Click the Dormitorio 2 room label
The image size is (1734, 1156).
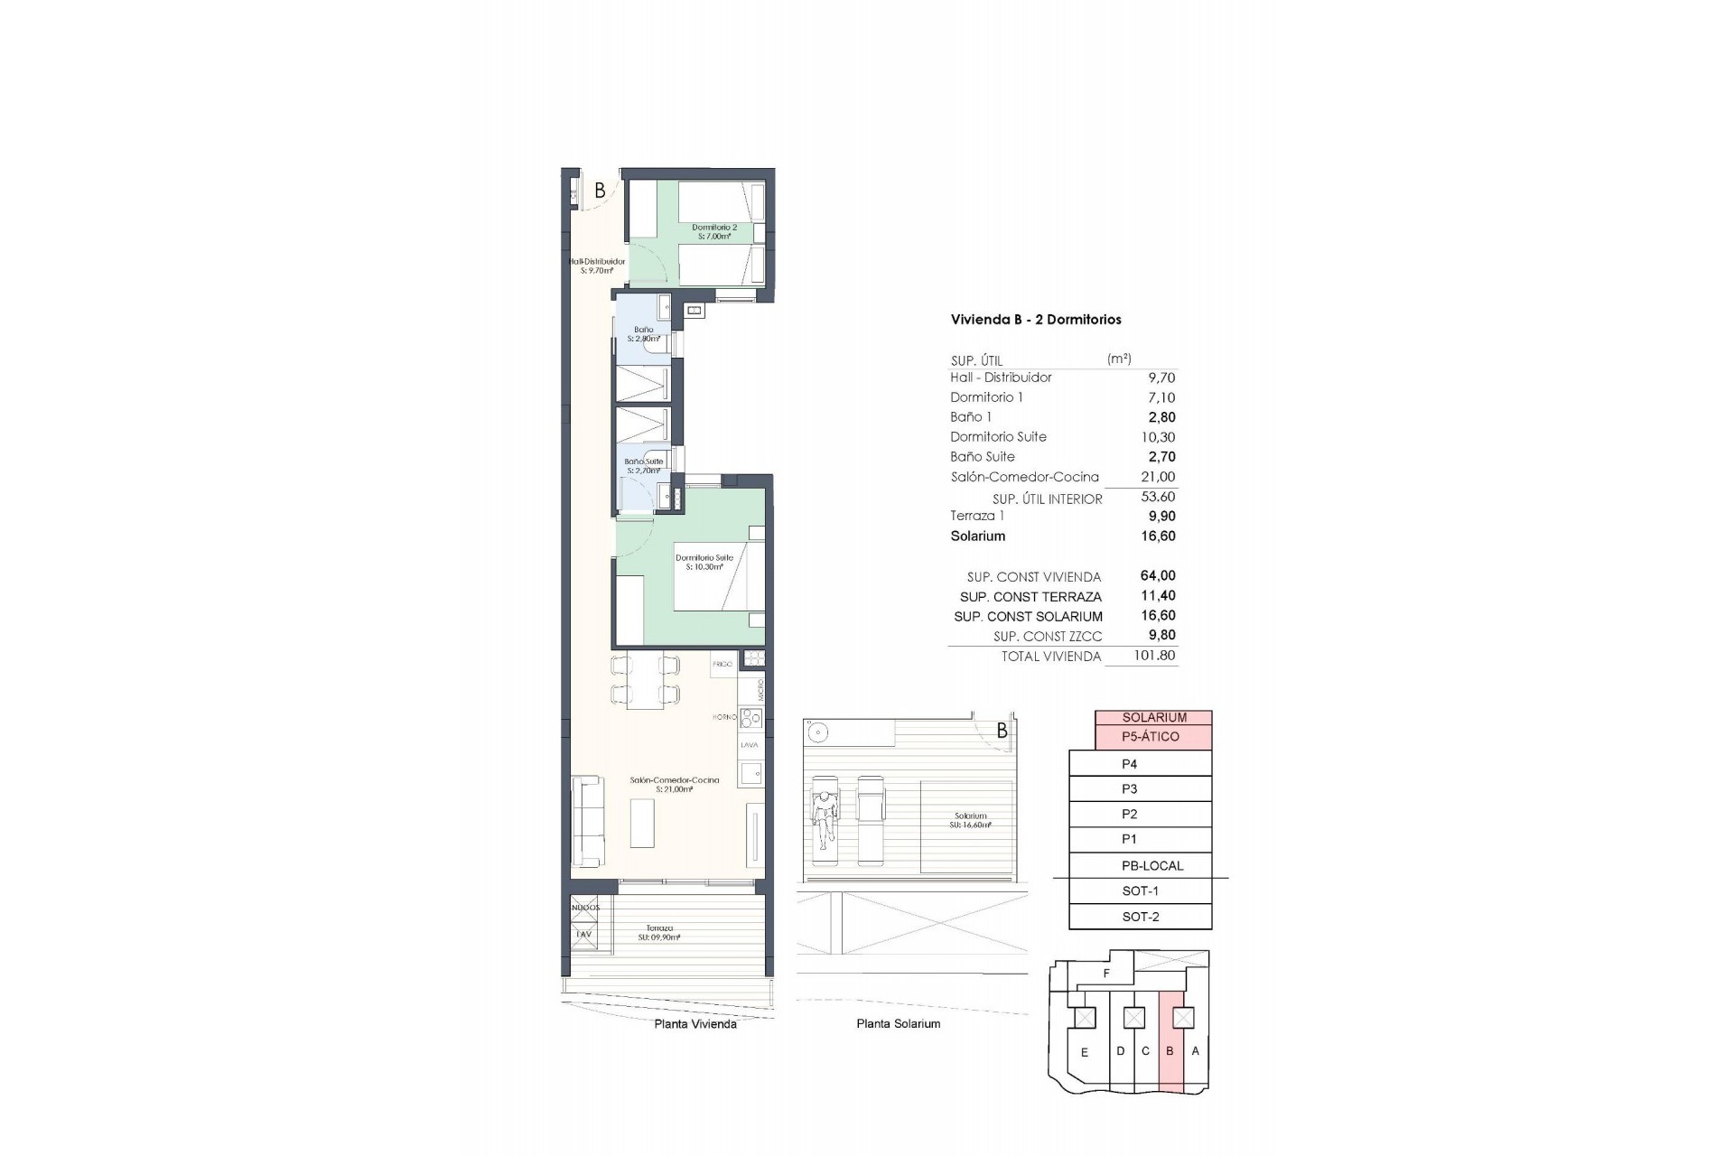point(714,232)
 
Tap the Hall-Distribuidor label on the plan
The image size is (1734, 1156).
point(597,266)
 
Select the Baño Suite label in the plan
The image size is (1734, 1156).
point(644,465)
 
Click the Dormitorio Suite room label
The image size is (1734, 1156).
point(704,562)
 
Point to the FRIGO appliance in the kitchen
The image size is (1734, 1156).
point(722,664)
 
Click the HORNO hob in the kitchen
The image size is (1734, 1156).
point(750,718)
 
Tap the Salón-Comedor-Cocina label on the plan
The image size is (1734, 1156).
point(674,784)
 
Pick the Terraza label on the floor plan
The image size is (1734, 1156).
point(658,932)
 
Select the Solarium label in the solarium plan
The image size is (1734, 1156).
point(971,820)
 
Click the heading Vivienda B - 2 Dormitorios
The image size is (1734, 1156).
point(1036,320)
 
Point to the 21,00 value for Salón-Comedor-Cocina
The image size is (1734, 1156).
point(1159,477)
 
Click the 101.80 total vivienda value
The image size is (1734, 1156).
point(1154,656)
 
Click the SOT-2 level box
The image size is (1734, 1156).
point(1140,917)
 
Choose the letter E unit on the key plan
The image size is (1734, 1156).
point(1085,1052)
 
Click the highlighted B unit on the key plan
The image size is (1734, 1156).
point(1170,1051)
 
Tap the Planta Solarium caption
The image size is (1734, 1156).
point(898,1024)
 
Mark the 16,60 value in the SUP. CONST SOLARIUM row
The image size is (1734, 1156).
point(1159,616)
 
